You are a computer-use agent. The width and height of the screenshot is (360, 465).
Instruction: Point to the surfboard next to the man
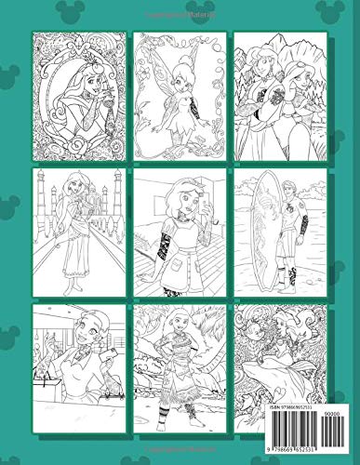coord(271,223)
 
